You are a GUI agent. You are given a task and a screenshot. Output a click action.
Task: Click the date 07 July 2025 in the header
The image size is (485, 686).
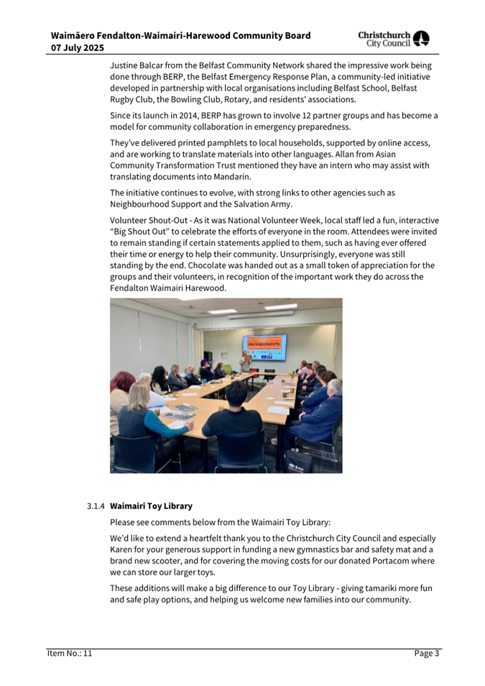[78, 48]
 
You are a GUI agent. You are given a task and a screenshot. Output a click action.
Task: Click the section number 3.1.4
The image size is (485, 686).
[96, 506]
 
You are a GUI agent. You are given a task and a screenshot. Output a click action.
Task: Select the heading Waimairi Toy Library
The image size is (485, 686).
[151, 506]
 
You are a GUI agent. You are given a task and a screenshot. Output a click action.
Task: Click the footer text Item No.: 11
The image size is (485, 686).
[69, 654]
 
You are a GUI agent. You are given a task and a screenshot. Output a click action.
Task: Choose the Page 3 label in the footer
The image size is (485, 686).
[427, 654]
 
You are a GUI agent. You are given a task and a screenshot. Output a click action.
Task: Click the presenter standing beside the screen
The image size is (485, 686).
[245, 362]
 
